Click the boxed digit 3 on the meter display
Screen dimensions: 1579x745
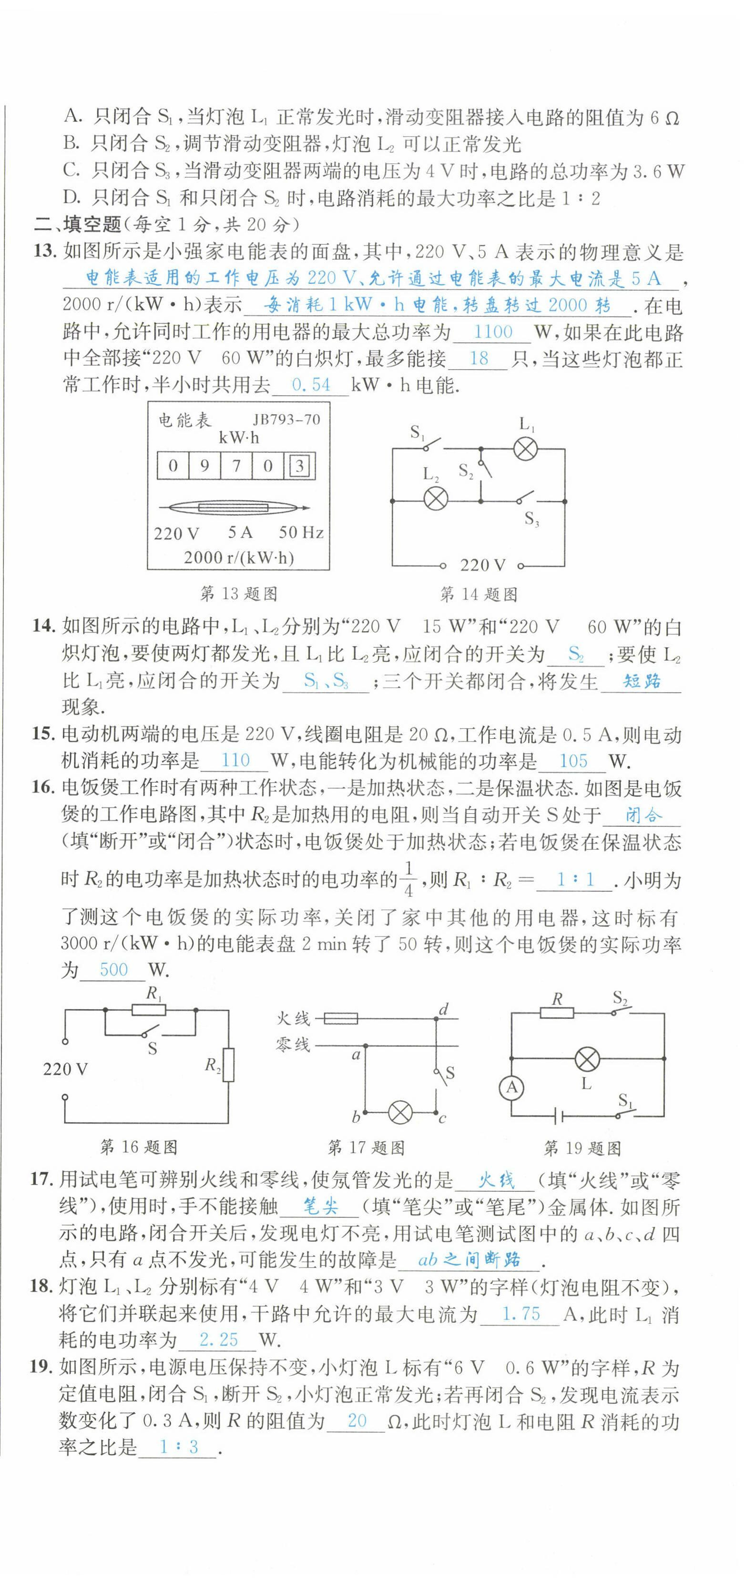pyautogui.click(x=299, y=466)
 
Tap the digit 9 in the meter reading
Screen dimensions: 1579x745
pyautogui.click(x=205, y=466)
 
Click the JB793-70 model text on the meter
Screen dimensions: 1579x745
pyautogui.click(x=286, y=420)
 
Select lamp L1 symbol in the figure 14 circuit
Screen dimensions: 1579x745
pyautogui.click(x=525, y=449)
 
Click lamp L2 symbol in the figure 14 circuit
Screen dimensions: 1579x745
pyautogui.click(x=436, y=500)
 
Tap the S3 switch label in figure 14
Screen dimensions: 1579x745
pyautogui.click(x=531, y=521)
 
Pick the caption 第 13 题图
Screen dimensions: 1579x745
pyautogui.click(x=239, y=593)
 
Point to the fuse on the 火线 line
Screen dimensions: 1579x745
pyautogui.click(x=340, y=1019)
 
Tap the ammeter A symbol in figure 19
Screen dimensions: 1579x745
pyautogui.click(x=511, y=1088)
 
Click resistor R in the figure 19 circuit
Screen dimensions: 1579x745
pyautogui.click(x=557, y=1013)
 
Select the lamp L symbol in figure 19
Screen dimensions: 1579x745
pyautogui.click(x=587, y=1058)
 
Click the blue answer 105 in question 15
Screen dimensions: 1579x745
pyautogui.click(x=573, y=761)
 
